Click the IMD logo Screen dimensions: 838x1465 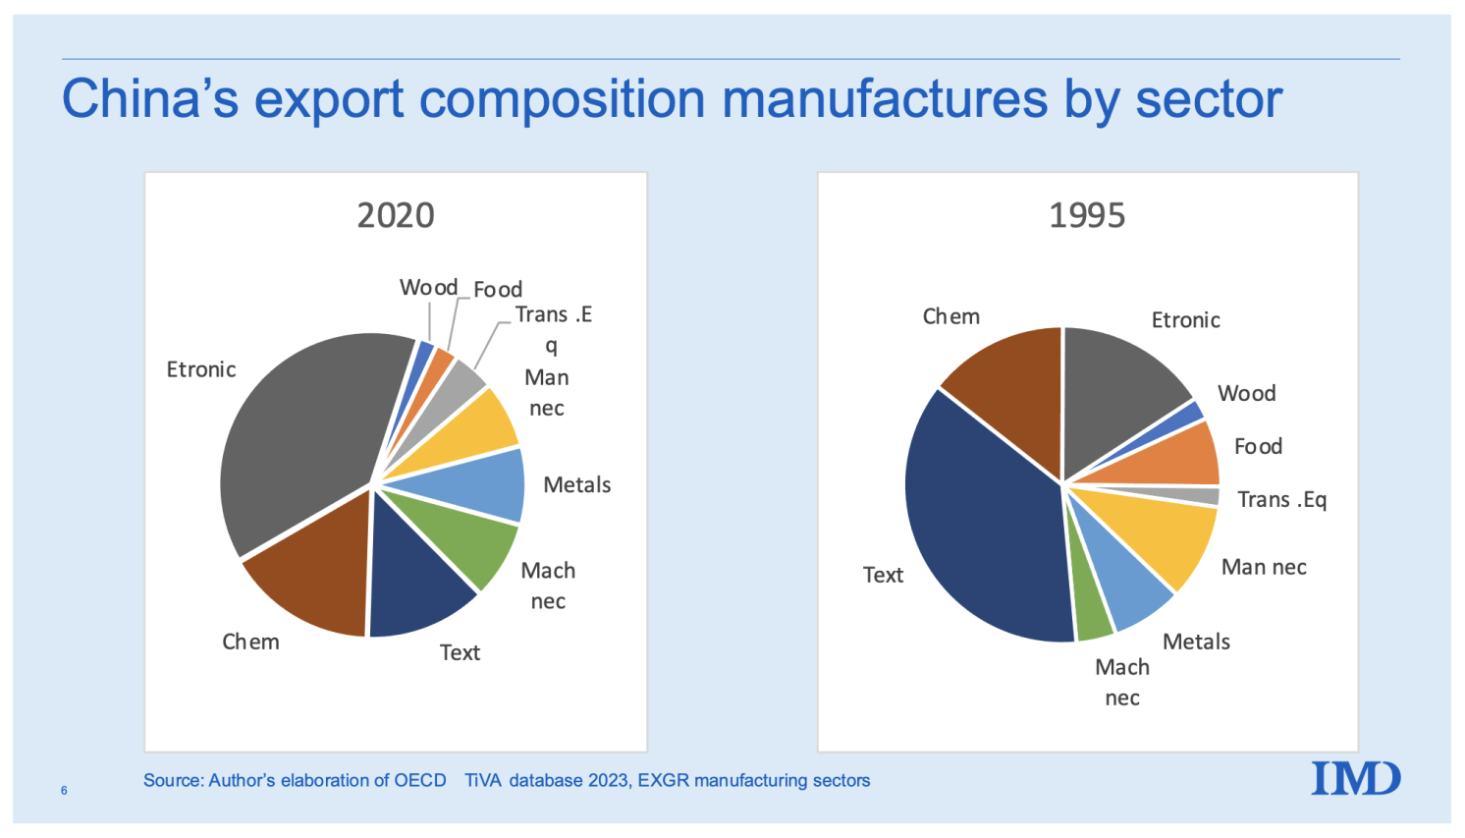[x=1356, y=778]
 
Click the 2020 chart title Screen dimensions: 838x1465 [x=395, y=215]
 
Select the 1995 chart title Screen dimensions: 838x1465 [x=1087, y=215]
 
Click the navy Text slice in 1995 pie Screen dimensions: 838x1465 [x=982, y=521]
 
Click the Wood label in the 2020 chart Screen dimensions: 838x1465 [x=428, y=287]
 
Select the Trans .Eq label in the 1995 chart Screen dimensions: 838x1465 [x=1281, y=499]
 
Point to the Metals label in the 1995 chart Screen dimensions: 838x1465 [x=1196, y=642]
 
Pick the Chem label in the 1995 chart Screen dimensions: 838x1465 [x=950, y=316]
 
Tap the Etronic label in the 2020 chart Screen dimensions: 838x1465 [x=201, y=369]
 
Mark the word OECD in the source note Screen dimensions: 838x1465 [x=419, y=780]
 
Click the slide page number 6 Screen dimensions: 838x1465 [x=64, y=790]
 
